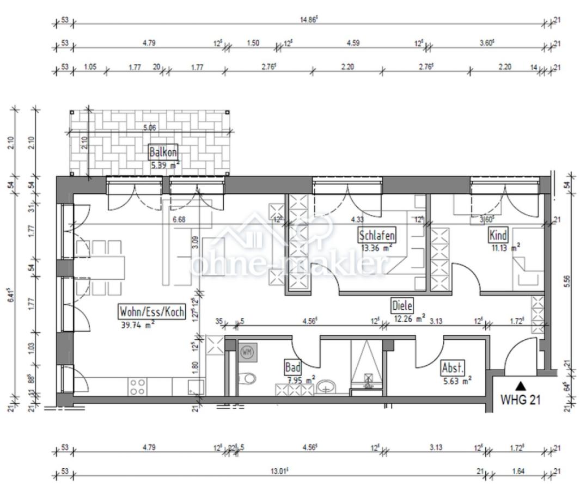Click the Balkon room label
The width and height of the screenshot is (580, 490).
pyautogui.click(x=163, y=151)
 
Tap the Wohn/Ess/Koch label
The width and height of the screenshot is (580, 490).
pyautogui.click(x=152, y=311)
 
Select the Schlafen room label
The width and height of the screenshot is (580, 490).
pyautogui.click(x=376, y=235)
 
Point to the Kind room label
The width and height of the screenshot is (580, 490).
pyautogui.click(x=498, y=235)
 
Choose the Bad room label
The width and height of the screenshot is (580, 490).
pyautogui.click(x=292, y=367)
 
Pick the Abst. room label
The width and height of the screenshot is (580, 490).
pyautogui.click(x=453, y=368)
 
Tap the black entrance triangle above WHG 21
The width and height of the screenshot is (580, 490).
pyautogui.click(x=521, y=385)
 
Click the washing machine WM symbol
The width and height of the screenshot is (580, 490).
pyautogui.click(x=247, y=352)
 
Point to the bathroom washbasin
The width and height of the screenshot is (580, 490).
pyautogui.click(x=326, y=386)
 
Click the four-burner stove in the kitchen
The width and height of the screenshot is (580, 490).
pyautogui.click(x=138, y=387)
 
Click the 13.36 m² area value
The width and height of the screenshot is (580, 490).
pyautogui.click(x=376, y=248)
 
